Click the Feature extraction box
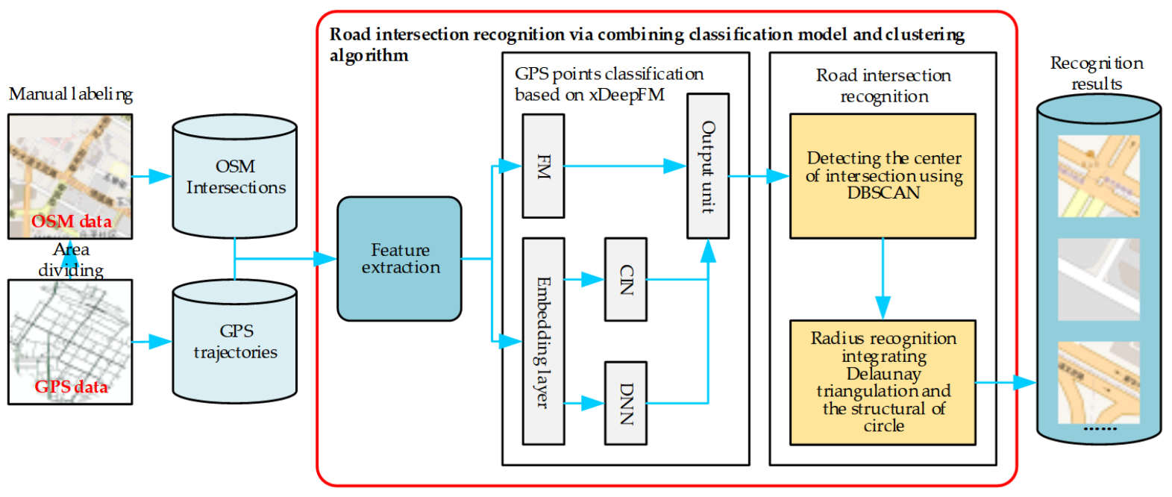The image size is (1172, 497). click(x=399, y=259)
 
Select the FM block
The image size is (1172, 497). click(x=543, y=166)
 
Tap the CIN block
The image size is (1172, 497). click(x=625, y=280)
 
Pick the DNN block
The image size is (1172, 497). click(x=625, y=403)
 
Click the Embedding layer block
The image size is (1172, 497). click(x=543, y=341)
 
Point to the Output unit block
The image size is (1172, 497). click(x=707, y=166)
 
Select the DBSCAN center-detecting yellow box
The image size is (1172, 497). click(x=883, y=176)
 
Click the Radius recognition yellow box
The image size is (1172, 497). click(x=883, y=382)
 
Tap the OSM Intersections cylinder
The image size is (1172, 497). click(x=235, y=177)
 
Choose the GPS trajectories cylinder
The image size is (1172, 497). click(x=235, y=342)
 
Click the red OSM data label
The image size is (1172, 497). click(x=72, y=222)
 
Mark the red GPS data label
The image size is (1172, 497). click(x=72, y=387)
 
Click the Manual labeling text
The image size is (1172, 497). click(x=71, y=94)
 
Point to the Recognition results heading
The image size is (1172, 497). click(x=1097, y=73)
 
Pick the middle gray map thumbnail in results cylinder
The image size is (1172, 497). click(x=1098, y=280)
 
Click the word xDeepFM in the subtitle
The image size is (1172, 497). click(x=627, y=96)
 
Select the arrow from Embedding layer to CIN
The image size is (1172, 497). click(x=584, y=280)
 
